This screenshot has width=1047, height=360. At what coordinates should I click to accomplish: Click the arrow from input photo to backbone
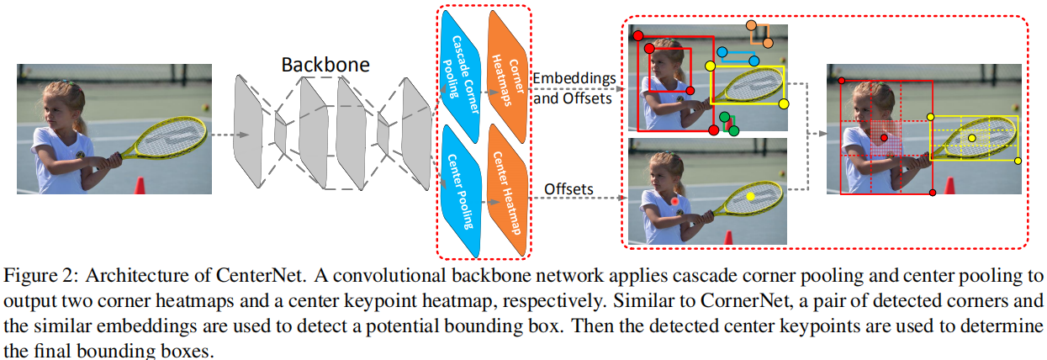click(x=228, y=135)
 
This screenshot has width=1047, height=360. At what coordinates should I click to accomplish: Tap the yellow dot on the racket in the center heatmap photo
click(x=751, y=196)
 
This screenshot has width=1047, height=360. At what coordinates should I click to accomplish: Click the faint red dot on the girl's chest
click(x=675, y=201)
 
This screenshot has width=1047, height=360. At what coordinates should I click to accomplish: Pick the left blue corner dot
click(x=721, y=61)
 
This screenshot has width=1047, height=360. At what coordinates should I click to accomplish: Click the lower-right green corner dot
click(x=734, y=130)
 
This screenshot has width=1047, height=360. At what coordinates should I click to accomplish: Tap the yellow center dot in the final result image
click(x=972, y=137)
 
